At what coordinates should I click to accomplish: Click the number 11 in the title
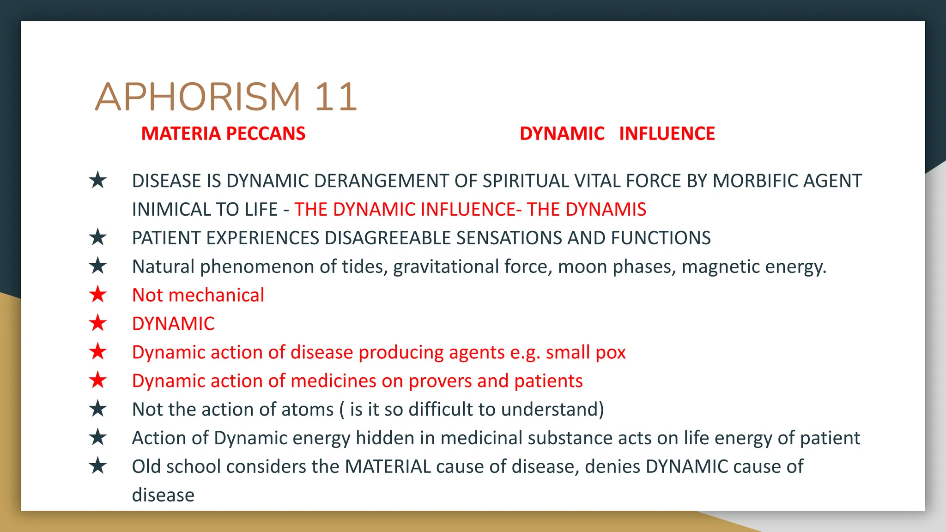point(336,97)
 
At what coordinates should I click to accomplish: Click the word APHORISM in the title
point(198,97)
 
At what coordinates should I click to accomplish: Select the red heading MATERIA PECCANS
point(223,133)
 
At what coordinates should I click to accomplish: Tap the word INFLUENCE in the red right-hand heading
point(667,133)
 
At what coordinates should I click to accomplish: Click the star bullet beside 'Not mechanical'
point(98,295)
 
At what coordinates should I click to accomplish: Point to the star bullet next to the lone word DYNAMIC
point(98,323)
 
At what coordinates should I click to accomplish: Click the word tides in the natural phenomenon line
point(364,266)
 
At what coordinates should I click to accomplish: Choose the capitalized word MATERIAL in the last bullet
point(388,466)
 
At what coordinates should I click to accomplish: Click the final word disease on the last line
point(163,495)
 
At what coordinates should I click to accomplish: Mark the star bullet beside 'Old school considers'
point(98,466)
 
